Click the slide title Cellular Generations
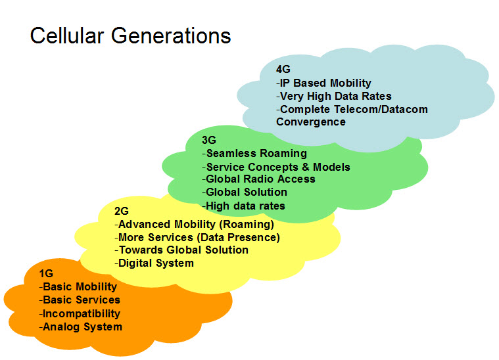point(131,35)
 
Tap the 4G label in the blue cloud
point(283,69)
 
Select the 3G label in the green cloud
point(208,140)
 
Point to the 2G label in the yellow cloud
point(121,211)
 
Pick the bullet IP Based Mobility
point(323,83)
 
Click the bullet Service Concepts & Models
point(276,167)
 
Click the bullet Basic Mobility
point(78,287)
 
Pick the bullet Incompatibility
point(80,313)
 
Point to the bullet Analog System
point(81,326)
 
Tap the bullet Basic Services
point(80,300)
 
